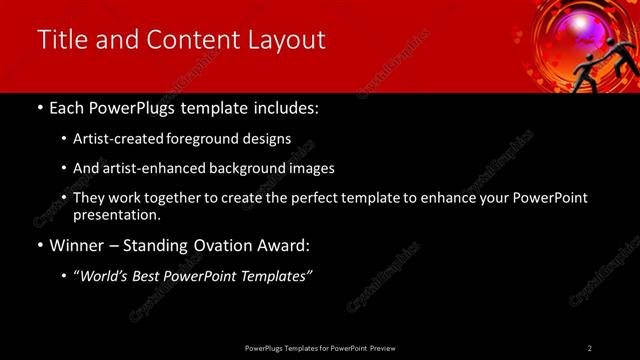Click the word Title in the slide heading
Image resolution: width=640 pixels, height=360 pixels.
[60, 39]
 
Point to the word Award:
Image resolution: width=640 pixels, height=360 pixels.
[288, 245]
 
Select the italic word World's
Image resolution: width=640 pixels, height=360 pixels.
[106, 276]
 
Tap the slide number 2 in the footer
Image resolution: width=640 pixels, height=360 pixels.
[590, 347]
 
